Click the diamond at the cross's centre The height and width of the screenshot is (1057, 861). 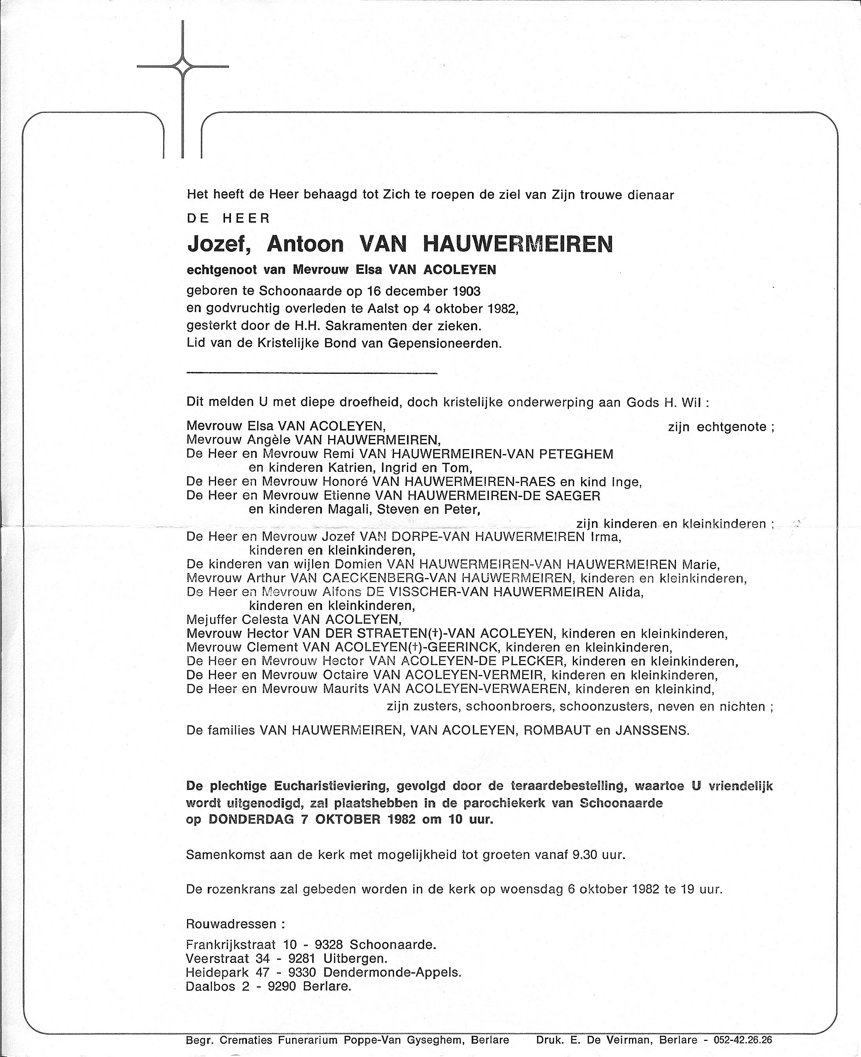183,66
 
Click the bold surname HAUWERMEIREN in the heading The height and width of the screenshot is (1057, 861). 518,244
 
